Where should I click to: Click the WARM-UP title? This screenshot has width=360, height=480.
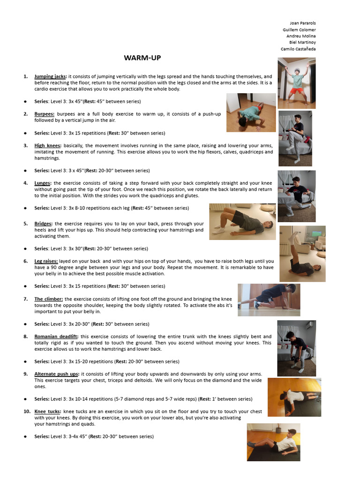(142, 58)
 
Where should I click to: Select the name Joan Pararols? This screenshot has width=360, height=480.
(303, 23)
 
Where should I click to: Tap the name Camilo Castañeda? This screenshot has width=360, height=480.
(298, 49)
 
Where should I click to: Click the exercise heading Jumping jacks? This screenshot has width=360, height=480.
(50, 76)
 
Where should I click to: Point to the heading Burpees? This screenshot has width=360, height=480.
(44, 114)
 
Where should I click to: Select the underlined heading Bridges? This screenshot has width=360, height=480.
(44, 224)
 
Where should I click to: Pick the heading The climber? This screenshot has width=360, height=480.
(49, 299)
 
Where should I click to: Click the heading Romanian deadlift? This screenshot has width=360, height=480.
(56, 337)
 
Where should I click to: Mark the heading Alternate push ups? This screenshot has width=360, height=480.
(57, 374)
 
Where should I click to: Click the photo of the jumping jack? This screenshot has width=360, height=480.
(296, 83)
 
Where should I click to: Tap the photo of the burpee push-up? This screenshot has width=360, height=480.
(244, 112)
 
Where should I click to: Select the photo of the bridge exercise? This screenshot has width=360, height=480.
(242, 221)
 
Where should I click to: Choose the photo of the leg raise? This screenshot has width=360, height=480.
(302, 254)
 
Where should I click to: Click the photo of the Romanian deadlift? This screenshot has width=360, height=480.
(296, 348)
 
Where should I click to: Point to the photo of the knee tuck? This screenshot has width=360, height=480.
(273, 442)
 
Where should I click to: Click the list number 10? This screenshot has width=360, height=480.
(27, 412)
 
